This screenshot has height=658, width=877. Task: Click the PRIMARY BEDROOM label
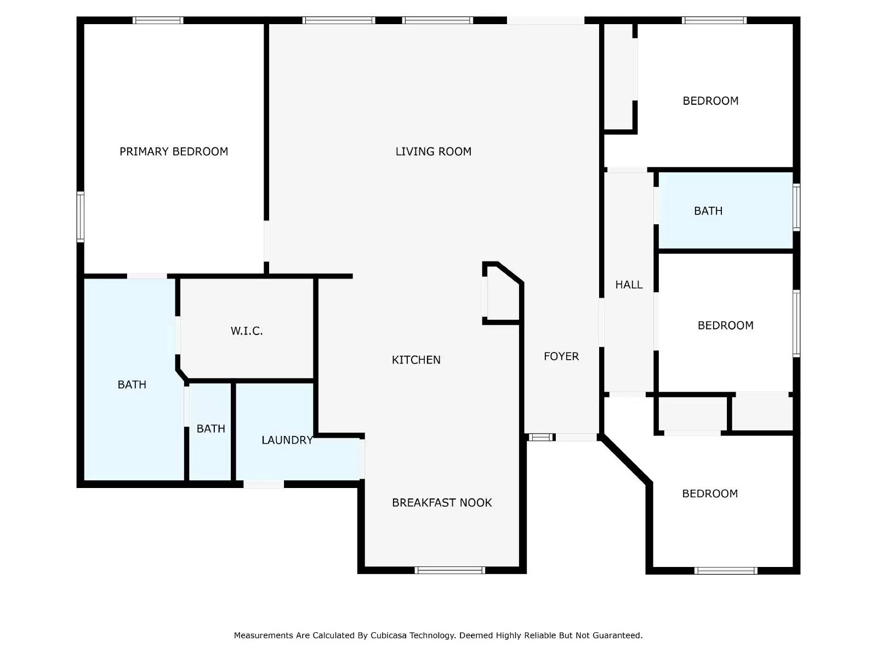coord(174,151)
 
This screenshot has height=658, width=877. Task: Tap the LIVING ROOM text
coord(433,151)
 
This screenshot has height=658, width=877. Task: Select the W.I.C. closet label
coord(247,331)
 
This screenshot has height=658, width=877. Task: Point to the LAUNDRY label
coord(287,440)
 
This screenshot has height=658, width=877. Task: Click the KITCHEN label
coord(416,360)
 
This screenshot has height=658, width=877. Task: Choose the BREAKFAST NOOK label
coord(442,502)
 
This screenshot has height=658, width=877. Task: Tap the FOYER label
coord(561,356)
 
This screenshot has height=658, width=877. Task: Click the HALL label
coord(629,285)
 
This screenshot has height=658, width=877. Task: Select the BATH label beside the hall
coord(708,211)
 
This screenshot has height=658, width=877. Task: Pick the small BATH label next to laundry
coord(211,429)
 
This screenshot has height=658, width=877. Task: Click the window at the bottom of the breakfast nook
coord(450,570)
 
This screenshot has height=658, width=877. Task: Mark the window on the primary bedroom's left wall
coord(81,217)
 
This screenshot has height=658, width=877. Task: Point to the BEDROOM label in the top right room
coord(710,101)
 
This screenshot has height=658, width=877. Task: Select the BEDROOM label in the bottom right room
coord(710,493)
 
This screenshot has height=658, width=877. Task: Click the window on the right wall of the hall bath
coord(796,207)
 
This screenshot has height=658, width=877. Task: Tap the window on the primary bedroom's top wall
coord(158,20)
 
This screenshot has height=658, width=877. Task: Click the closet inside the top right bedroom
coord(619,77)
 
